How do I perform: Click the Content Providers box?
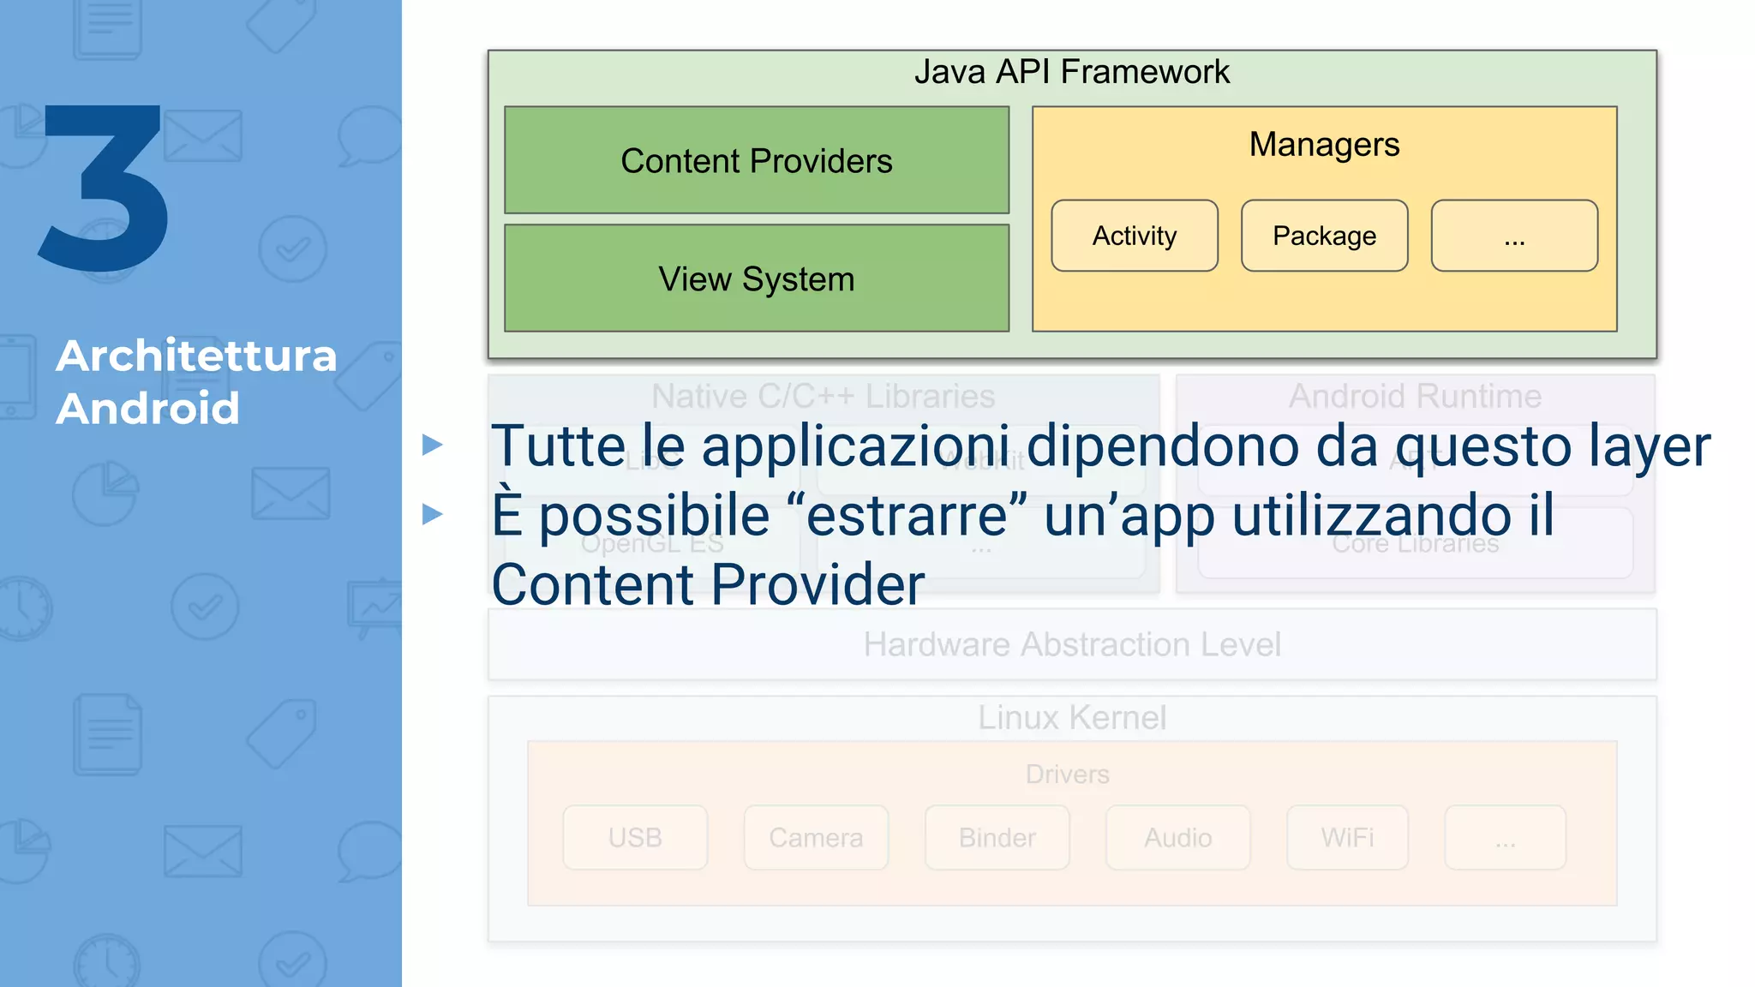tap(757, 160)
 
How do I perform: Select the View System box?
tap(757, 278)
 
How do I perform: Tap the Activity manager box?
tap(1135, 236)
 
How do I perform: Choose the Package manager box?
tap(1324, 236)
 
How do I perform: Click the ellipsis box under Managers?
tap(1514, 236)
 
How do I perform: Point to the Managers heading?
tap(1324, 144)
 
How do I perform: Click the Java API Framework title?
tap(1071, 72)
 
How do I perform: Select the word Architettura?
tap(196, 356)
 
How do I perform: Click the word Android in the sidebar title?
tap(147, 408)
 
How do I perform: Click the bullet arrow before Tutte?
tap(433, 445)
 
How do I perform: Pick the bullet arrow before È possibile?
tap(433, 514)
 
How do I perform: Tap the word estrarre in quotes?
tap(907, 516)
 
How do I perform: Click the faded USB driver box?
tap(635, 837)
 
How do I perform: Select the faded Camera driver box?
tap(816, 837)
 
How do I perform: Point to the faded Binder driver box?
tap(997, 837)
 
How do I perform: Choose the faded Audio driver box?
tap(1177, 837)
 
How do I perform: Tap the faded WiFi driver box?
tap(1347, 837)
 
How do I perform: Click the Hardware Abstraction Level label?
tap(1071, 644)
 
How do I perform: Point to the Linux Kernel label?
tap(1071, 717)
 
